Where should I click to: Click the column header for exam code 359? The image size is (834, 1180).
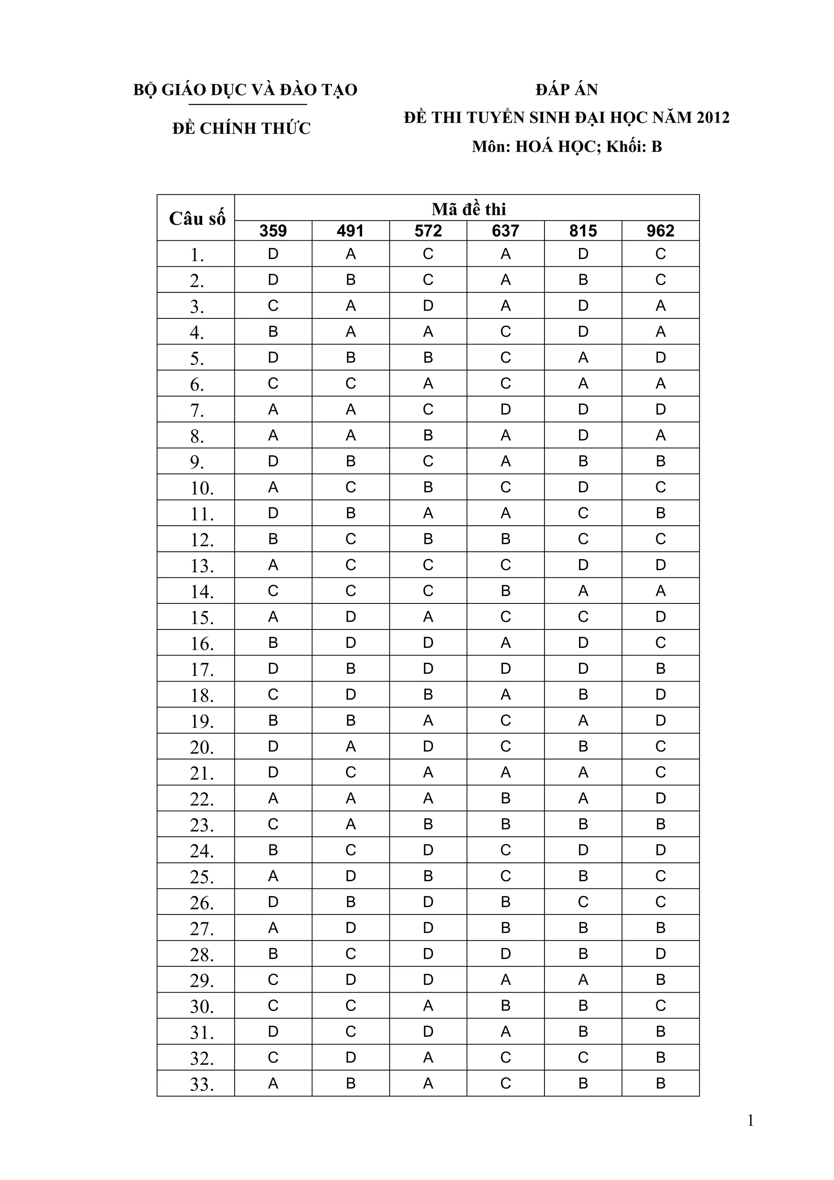[273, 231]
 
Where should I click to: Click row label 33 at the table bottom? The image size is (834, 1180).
[202, 1084]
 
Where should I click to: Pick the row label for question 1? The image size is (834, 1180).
[198, 255]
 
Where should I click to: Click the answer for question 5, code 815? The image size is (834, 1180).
[583, 358]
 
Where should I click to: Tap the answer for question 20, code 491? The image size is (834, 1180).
[351, 746]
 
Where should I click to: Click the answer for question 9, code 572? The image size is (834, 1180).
[428, 461]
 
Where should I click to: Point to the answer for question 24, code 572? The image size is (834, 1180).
[428, 850]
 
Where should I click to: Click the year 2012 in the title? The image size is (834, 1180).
[713, 118]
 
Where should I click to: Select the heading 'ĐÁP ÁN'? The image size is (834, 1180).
[566, 90]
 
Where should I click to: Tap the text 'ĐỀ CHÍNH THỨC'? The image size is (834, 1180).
[241, 128]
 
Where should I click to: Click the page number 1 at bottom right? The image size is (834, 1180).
[750, 1121]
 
